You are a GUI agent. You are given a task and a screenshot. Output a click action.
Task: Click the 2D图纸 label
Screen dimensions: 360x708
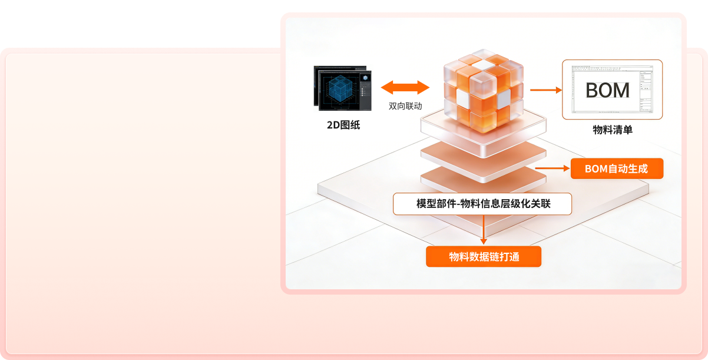[343, 124]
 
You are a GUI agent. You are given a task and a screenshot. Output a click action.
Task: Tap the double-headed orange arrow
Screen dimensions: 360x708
[406, 88]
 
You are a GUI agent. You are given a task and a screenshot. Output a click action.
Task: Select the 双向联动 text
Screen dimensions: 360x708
[406, 107]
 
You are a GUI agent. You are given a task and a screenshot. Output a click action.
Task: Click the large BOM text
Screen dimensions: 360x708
[607, 90]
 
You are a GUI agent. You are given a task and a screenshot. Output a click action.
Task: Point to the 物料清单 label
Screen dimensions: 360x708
[613, 130]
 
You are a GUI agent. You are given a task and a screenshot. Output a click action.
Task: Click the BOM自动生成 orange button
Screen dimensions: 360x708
[617, 169]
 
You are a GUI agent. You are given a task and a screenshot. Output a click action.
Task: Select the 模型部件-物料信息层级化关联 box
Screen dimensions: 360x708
[482, 204]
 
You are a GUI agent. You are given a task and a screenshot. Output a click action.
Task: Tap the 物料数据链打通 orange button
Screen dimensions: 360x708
[484, 257]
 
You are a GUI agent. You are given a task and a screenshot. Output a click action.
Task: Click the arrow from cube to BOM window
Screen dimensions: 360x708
[545, 90]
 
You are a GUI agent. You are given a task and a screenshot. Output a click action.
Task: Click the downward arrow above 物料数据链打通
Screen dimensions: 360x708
[484, 230]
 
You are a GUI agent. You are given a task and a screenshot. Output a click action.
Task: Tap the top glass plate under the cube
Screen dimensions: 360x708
[484, 127]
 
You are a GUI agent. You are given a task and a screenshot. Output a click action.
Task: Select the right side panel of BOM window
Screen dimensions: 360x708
[646, 88]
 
